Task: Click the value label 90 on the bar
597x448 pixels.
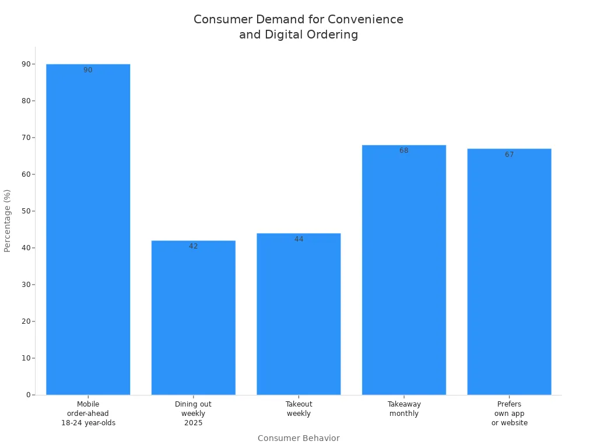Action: click(x=88, y=70)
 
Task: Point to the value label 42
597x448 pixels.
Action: click(x=193, y=246)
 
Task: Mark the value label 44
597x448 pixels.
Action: click(x=298, y=239)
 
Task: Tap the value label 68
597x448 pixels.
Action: click(x=404, y=150)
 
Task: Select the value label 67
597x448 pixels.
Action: click(x=509, y=155)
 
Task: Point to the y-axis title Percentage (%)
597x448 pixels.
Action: click(x=8, y=220)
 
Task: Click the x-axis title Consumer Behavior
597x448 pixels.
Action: click(x=298, y=438)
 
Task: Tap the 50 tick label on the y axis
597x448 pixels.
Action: click(x=26, y=211)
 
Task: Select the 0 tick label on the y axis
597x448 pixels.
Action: click(x=28, y=395)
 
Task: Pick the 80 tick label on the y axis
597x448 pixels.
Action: click(x=26, y=101)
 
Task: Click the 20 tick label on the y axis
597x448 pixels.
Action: click(x=26, y=321)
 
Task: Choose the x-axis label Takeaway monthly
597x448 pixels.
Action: click(x=404, y=409)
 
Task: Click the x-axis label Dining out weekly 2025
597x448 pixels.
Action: click(x=193, y=414)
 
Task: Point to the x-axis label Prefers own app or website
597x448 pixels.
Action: click(x=509, y=414)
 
